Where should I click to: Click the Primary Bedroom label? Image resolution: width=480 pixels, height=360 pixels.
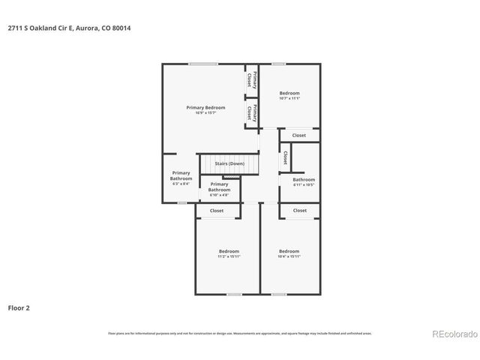pyautogui.click(x=205, y=107)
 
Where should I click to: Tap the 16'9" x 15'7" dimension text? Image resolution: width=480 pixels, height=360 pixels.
pyautogui.click(x=205, y=113)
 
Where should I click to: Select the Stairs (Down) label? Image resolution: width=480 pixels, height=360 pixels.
pyautogui.click(x=229, y=163)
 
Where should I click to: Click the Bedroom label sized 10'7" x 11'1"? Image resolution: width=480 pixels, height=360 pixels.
pyautogui.click(x=289, y=93)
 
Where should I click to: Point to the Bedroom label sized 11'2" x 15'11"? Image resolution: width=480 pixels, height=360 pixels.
pyautogui.click(x=229, y=250)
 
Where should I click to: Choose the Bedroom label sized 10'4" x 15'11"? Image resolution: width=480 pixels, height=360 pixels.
pyautogui.click(x=289, y=250)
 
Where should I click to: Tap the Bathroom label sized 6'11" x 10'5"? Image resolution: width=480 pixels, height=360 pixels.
pyautogui.click(x=304, y=179)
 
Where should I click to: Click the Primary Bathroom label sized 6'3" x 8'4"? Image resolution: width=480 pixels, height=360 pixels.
pyautogui.click(x=181, y=176)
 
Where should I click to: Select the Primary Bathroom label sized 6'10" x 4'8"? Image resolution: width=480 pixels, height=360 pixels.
pyautogui.click(x=219, y=187)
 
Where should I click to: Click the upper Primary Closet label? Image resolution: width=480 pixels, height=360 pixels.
pyautogui.click(x=252, y=79)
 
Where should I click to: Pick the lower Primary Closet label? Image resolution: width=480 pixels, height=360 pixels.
pyautogui.click(x=252, y=113)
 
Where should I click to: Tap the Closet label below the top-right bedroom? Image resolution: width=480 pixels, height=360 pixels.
pyautogui.click(x=299, y=135)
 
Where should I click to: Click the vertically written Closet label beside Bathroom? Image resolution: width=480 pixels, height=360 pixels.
pyautogui.click(x=285, y=158)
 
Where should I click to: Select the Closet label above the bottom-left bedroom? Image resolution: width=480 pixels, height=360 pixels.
pyautogui.click(x=217, y=211)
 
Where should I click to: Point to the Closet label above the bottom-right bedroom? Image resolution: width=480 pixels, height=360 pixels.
pyautogui.click(x=299, y=211)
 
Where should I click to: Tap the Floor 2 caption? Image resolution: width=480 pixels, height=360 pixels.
pyautogui.click(x=19, y=307)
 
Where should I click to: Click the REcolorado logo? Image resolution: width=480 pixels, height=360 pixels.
pyautogui.click(x=452, y=334)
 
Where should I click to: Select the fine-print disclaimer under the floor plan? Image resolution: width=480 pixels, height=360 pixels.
pyautogui.click(x=239, y=333)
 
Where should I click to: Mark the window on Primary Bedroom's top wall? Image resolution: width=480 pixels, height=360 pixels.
pyautogui.click(x=198, y=64)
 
